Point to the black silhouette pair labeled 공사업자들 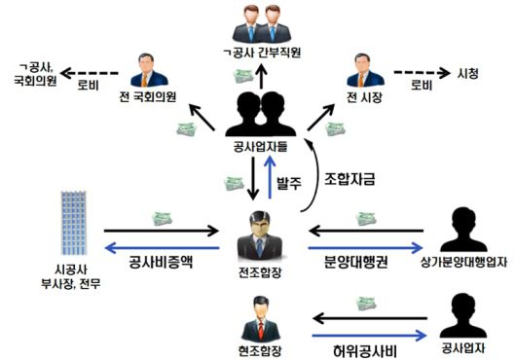pyautogui.click(x=256, y=113)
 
